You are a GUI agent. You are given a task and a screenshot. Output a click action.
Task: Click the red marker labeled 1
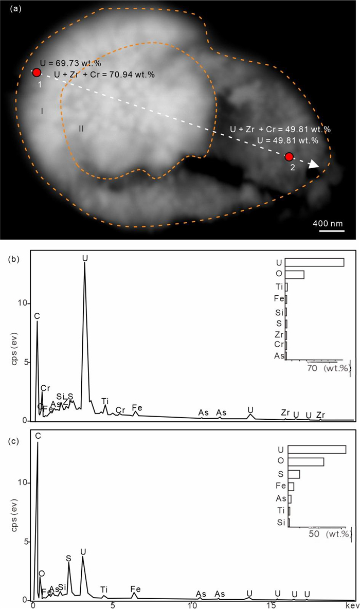[37, 73]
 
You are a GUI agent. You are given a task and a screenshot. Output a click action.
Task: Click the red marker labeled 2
[289, 156]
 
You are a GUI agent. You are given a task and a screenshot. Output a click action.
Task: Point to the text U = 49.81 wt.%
[291, 140]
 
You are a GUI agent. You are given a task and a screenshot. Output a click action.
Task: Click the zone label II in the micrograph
[81, 128]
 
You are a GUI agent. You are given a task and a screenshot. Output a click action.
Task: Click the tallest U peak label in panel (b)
[85, 257]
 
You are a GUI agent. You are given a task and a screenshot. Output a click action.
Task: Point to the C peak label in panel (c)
[38, 436]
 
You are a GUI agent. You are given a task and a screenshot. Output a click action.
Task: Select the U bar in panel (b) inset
[314, 262]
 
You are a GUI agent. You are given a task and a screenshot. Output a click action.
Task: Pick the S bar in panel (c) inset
[294, 474]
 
